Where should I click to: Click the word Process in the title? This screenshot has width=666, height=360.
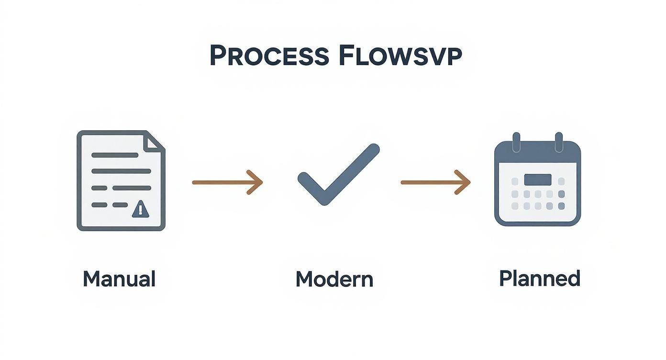click(x=269, y=56)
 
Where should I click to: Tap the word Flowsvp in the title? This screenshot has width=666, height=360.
click(x=400, y=56)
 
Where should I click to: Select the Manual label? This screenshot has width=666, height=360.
click(x=119, y=279)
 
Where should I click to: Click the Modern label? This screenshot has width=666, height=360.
click(x=334, y=279)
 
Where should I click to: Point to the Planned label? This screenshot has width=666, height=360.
click(x=539, y=278)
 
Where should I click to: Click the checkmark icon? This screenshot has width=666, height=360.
click(x=338, y=174)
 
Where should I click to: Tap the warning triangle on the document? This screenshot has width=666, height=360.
click(x=140, y=209)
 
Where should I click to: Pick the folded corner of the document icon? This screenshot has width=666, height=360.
click(x=154, y=142)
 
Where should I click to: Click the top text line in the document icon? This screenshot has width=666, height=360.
click(x=115, y=155)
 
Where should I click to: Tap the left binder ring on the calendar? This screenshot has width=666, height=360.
click(x=516, y=142)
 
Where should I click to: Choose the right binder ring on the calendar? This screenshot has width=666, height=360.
click(x=558, y=142)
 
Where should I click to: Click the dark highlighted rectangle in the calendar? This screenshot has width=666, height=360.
click(x=537, y=180)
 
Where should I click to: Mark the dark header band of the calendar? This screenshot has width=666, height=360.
click(x=537, y=152)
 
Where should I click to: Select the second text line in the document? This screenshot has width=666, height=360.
click(x=121, y=171)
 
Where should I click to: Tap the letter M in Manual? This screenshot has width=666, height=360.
click(x=91, y=279)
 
